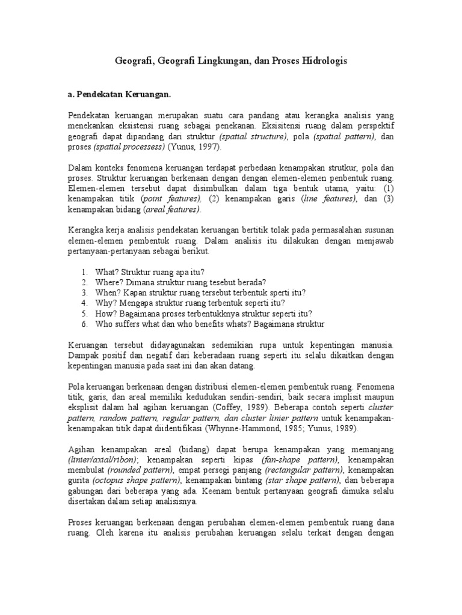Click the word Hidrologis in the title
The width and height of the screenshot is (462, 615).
pos(324,61)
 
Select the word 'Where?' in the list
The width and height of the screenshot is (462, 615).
pos(107,282)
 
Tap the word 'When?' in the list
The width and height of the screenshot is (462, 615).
pos(106,292)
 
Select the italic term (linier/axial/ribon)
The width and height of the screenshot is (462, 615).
pos(103,459)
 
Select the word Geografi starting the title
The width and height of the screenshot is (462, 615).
pos(133,61)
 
